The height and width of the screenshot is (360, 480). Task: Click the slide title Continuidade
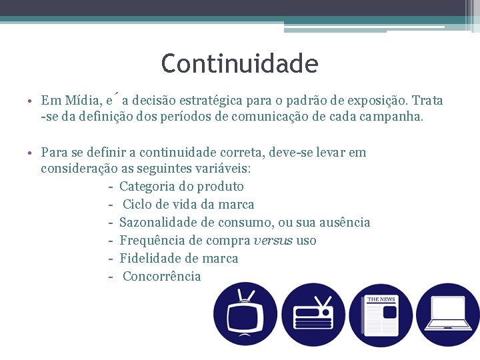[239, 64]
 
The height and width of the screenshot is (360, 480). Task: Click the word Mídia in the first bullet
[81, 101]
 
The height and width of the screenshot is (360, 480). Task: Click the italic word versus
[273, 240]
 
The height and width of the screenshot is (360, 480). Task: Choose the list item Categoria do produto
[181, 186]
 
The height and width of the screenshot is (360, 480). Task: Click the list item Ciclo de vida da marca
[189, 204]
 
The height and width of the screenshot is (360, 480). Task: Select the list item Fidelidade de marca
[179, 258]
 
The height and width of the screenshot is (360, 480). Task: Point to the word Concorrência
[162, 276]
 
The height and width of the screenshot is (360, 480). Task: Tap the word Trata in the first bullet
[427, 101]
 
